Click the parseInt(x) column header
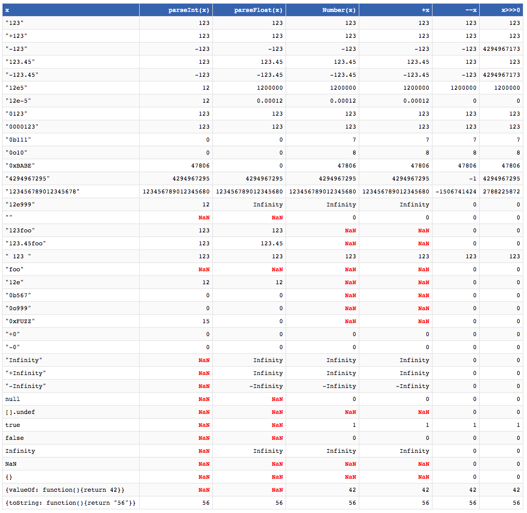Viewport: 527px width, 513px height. coord(189,10)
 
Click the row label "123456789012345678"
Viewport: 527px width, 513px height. coord(43,191)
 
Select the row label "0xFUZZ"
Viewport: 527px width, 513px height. coord(20,321)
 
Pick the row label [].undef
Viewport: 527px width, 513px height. coord(20,412)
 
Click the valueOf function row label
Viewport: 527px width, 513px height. coord(65,490)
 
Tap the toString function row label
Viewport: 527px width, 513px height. coord(70,503)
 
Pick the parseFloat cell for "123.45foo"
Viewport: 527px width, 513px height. coord(272,243)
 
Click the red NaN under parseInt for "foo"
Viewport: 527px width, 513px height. coord(204,269)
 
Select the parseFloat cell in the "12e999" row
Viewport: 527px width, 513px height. coord(268,204)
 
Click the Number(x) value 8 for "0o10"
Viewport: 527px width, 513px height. coord(354,152)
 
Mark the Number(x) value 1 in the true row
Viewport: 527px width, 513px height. coord(354,425)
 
